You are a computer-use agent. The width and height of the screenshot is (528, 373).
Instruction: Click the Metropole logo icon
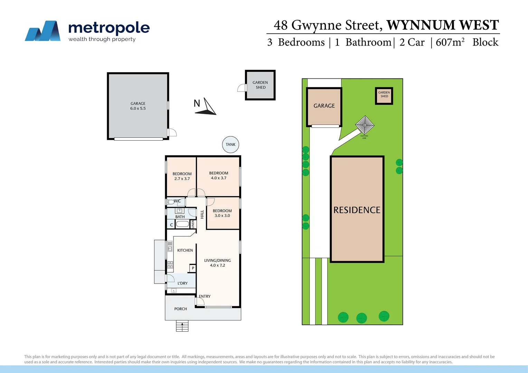tap(43, 31)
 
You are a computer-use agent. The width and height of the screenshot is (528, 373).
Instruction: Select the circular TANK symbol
tap(230, 145)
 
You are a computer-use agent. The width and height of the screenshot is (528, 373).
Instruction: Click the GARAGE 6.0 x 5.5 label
tap(138, 106)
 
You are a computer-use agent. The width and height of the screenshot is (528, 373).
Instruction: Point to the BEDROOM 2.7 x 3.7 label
tap(182, 176)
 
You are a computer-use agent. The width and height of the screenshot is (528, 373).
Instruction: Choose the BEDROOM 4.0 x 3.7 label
tap(219, 175)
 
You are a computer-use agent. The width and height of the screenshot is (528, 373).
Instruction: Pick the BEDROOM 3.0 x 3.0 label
tap(222, 213)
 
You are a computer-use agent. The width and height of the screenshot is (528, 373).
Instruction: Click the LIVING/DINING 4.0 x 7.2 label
tap(217, 263)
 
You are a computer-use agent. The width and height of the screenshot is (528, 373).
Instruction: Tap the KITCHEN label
tap(185, 250)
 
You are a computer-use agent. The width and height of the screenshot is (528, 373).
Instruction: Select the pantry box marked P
tap(193, 268)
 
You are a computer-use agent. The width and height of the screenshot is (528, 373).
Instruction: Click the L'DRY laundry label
tap(182, 283)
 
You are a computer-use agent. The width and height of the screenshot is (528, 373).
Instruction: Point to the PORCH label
tap(180, 309)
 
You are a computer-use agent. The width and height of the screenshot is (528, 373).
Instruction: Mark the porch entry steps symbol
tap(182, 326)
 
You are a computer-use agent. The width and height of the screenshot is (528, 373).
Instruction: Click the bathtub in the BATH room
tap(182, 224)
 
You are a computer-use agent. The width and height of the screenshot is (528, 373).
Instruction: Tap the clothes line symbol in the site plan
tap(365, 125)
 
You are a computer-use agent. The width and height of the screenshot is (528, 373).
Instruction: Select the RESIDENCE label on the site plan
tap(357, 210)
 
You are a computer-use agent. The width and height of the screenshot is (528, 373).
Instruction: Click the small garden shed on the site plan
tap(384, 95)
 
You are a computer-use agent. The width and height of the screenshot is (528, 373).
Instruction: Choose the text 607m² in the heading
tap(450, 42)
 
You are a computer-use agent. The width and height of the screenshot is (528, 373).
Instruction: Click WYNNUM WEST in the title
tap(443, 25)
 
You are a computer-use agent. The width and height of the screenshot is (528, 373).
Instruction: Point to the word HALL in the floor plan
tap(202, 214)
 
